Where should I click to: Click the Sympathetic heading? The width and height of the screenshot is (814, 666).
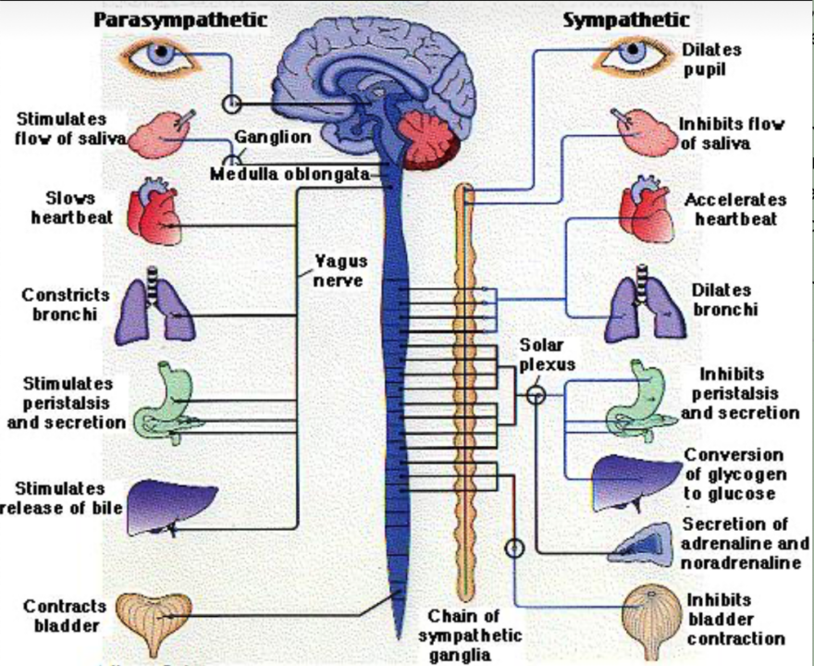click(626, 19)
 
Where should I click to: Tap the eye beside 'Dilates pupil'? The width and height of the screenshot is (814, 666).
click(634, 54)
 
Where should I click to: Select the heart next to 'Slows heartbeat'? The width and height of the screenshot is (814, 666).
click(153, 213)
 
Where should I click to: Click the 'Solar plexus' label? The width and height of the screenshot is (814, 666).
click(546, 354)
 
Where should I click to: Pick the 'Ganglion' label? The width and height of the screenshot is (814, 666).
click(272, 137)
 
